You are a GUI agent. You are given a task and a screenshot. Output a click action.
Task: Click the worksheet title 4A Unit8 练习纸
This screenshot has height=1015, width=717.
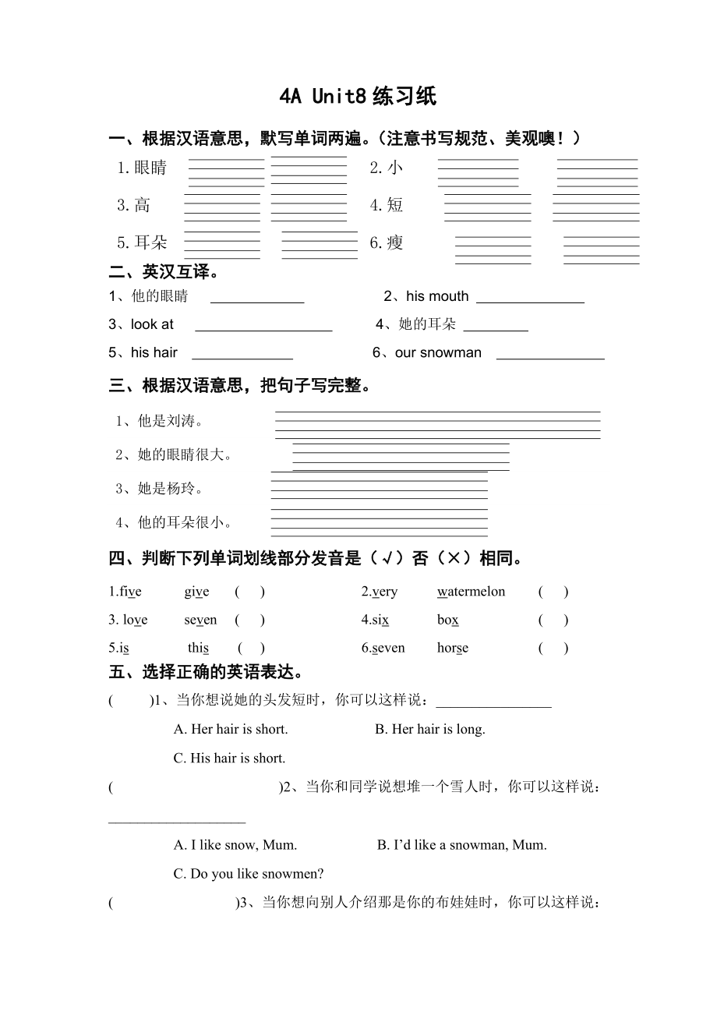pyautogui.click(x=358, y=97)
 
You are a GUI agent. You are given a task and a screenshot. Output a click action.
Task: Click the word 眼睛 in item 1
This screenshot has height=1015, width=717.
pyautogui.click(x=150, y=168)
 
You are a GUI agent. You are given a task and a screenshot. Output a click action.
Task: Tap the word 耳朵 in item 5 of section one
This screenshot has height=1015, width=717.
pyautogui.click(x=150, y=243)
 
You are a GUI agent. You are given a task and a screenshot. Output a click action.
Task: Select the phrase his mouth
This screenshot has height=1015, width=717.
pyautogui.click(x=437, y=296)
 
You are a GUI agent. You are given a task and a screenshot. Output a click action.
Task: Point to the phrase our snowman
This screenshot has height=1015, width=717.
pyautogui.click(x=438, y=353)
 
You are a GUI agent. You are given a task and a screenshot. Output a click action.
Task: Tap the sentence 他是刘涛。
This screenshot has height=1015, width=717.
pyautogui.click(x=160, y=422)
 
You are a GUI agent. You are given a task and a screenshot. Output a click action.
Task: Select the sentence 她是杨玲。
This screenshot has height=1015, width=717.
pyautogui.click(x=160, y=489)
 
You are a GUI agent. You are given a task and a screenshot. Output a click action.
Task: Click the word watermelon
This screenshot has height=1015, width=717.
pyautogui.click(x=471, y=592)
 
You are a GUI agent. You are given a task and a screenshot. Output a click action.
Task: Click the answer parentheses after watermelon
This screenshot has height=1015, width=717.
pyautogui.click(x=553, y=592)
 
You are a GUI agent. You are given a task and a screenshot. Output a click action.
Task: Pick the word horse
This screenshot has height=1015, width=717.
pyautogui.click(x=453, y=648)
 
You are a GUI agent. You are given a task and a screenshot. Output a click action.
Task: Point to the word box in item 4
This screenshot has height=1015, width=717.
pyautogui.click(x=448, y=621)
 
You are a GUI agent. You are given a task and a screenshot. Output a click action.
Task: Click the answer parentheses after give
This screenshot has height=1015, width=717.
pyautogui.click(x=249, y=592)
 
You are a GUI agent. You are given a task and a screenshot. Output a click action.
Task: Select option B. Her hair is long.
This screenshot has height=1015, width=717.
pyautogui.click(x=429, y=730)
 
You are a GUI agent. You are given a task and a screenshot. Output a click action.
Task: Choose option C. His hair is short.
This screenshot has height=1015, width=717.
pyautogui.click(x=229, y=759)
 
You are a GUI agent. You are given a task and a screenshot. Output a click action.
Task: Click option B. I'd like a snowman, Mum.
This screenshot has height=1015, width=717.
pyautogui.click(x=461, y=845)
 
